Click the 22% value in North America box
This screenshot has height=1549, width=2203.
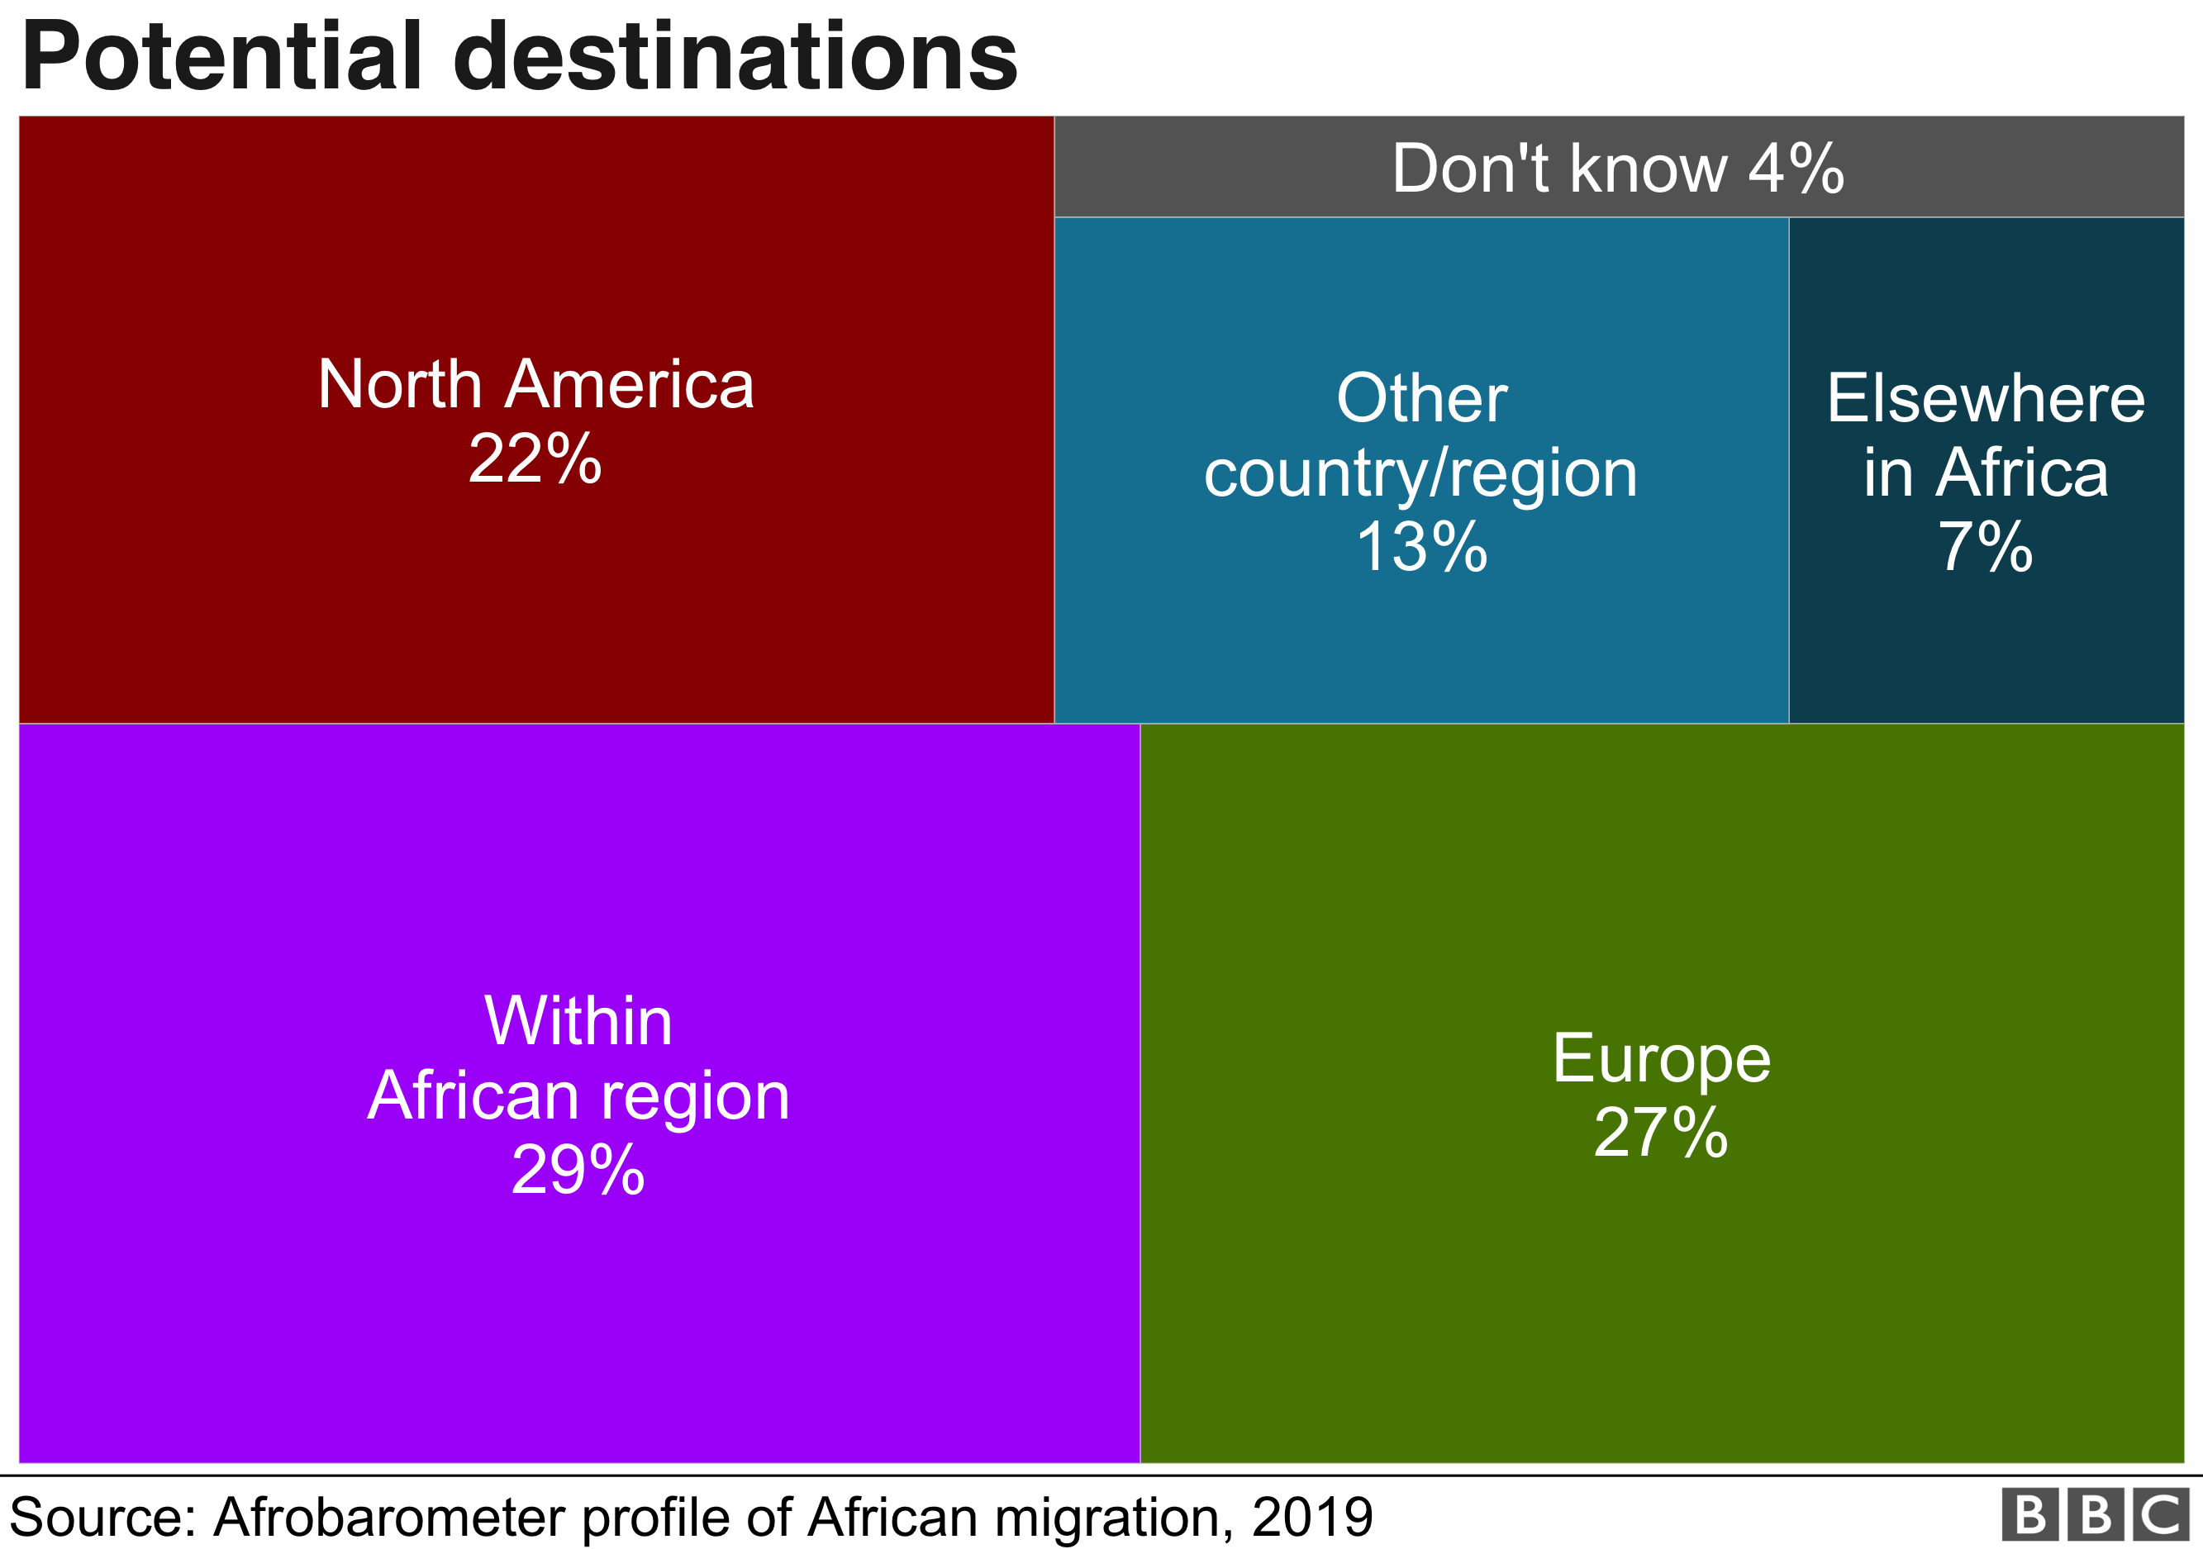(535, 459)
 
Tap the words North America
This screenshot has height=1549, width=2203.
(535, 385)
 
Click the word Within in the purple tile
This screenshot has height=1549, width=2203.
(578, 1020)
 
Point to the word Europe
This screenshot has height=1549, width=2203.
(1661, 1059)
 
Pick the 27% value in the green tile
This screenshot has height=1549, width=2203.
(1661, 1133)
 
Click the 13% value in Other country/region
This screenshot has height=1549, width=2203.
(1421, 547)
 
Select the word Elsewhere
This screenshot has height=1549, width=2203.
(1985, 398)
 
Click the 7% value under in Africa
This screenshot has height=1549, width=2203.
(1985, 547)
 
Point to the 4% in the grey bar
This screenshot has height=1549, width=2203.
(1796, 169)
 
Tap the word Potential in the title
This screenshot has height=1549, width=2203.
(221, 58)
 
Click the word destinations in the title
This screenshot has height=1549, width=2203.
(735, 58)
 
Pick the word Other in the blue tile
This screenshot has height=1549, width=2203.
(1421, 398)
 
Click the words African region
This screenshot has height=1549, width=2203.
(578, 1095)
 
